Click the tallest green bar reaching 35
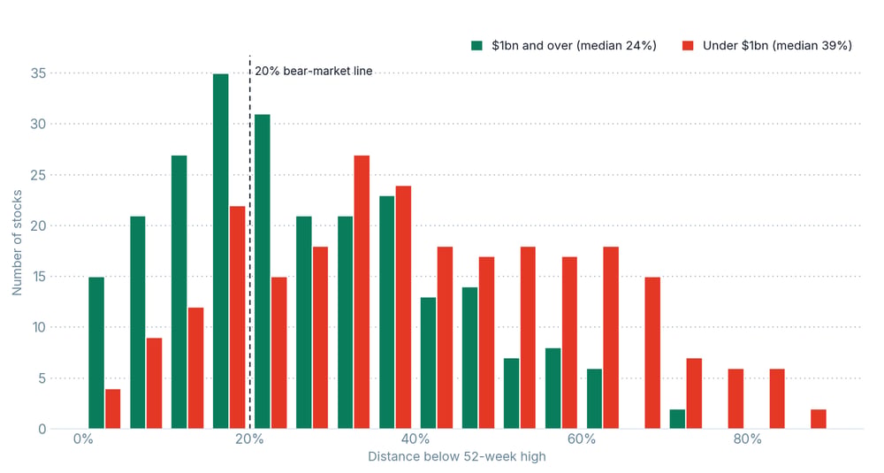coord(221,251)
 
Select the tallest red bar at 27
coord(362,292)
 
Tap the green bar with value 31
coord(263,271)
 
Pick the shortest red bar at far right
coord(819,419)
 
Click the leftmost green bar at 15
coord(96,353)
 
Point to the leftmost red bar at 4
coord(113,408)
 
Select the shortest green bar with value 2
coord(678,419)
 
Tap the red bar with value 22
coord(238,317)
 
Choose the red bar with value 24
coord(404,308)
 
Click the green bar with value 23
coord(387,312)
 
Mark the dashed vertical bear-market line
coord(250,242)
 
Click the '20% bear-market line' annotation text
coord(314,71)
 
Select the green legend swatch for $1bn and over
coord(477,46)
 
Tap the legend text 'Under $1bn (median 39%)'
coord(777,46)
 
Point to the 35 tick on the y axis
coord(38,73)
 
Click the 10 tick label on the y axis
coord(38,327)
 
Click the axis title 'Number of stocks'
coord(17,242)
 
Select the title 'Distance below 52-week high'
coord(457,457)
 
